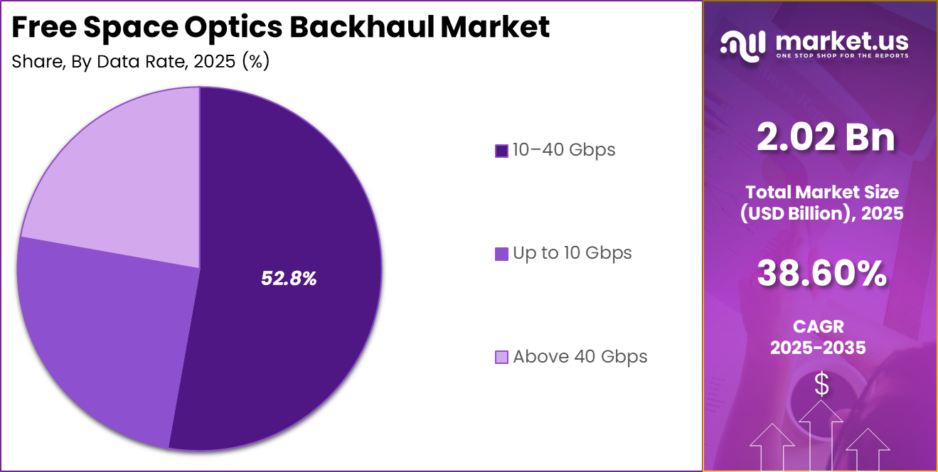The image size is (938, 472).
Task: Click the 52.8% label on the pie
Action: [289, 279]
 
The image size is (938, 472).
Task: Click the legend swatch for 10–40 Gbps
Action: [501, 151]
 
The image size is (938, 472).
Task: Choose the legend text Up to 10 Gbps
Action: [572, 253]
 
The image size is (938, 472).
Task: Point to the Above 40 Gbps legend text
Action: [580, 356]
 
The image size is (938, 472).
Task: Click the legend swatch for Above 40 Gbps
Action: [501, 357]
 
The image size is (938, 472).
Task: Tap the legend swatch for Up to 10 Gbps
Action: [501, 254]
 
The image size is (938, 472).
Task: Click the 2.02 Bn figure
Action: [826, 137]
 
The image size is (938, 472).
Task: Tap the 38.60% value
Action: [821, 273]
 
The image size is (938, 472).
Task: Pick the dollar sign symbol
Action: [821, 385]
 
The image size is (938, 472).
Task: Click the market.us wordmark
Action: [841, 41]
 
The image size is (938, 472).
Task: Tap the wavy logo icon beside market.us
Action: [744, 44]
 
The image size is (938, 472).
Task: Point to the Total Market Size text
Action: [821, 192]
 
